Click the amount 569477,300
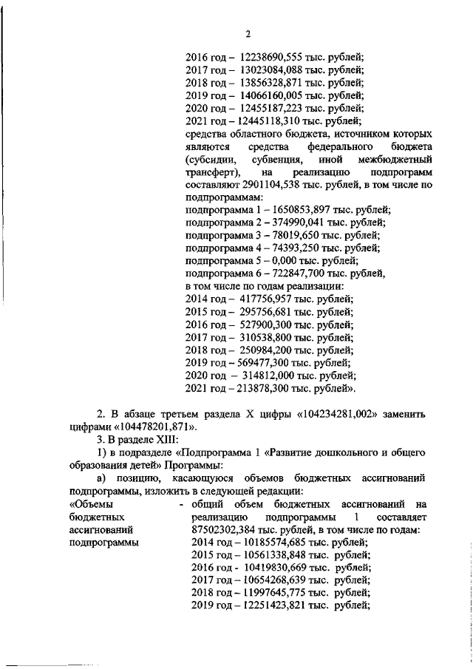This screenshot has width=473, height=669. [269, 363]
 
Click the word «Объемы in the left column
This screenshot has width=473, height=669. [89, 504]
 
